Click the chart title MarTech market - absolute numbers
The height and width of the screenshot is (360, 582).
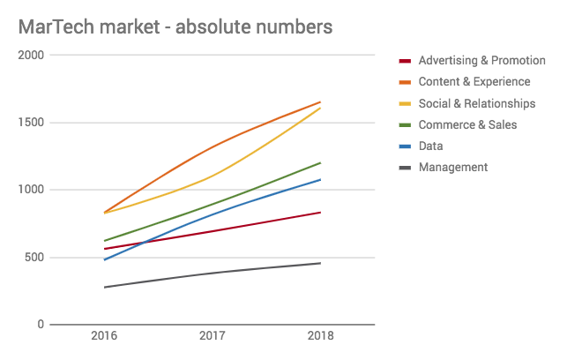175,26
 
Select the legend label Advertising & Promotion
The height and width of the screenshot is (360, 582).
481,61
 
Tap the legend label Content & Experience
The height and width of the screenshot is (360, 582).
474,82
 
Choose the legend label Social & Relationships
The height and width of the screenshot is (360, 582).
476,103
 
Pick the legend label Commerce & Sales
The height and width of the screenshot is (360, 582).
467,124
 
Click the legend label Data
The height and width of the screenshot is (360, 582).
430,146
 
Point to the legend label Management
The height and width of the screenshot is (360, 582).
452,167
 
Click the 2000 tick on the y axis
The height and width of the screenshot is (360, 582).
32,55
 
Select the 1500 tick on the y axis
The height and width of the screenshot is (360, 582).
32,123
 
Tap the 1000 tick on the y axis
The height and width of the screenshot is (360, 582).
32,190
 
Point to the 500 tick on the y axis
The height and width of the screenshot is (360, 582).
35,258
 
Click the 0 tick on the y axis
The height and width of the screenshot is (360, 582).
41,325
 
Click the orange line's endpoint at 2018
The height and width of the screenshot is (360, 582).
320,102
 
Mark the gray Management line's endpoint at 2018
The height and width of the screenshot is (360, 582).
320,263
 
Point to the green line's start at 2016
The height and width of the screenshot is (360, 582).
104,241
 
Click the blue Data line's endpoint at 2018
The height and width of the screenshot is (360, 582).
320,179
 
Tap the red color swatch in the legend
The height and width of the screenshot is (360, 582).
406,61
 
